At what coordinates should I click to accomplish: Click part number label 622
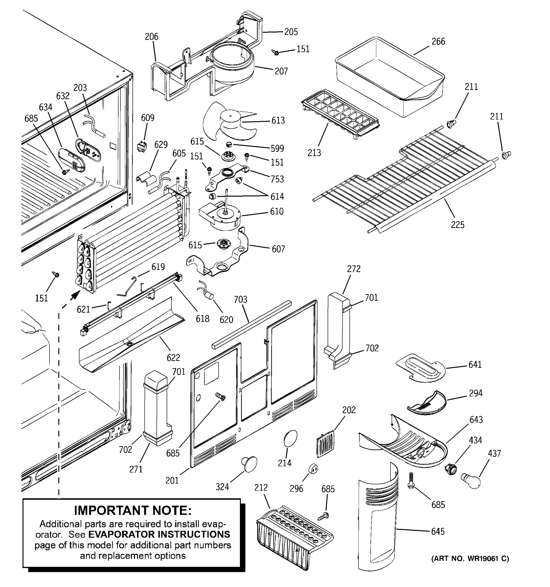coord(173,358)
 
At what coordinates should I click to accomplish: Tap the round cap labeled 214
coord(290,438)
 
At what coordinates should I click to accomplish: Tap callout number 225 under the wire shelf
coord(457,225)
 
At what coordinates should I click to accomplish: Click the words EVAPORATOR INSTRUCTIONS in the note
coord(159,534)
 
